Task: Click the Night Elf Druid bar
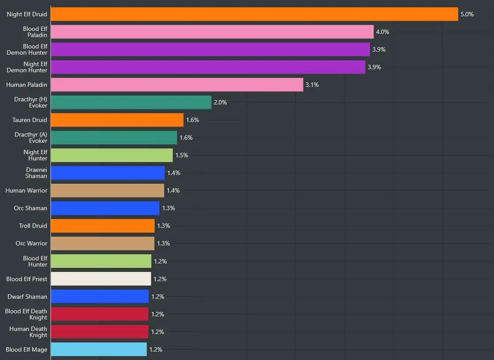click(x=254, y=14)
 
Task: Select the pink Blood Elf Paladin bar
click(x=212, y=32)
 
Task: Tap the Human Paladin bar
click(x=177, y=85)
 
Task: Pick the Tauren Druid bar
click(x=117, y=120)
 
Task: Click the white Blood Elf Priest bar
click(x=101, y=279)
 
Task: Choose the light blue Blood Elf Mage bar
click(x=99, y=349)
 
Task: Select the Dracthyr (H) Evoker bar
click(x=131, y=102)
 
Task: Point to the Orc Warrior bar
click(x=102, y=243)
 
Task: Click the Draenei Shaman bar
click(x=108, y=173)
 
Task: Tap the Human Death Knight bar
click(x=100, y=332)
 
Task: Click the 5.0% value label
click(x=467, y=14)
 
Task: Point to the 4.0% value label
click(x=382, y=32)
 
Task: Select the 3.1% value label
click(x=312, y=85)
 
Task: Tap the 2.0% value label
click(x=220, y=102)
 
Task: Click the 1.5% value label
click(x=182, y=155)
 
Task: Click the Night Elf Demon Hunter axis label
click(x=27, y=67)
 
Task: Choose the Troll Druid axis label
click(x=33, y=226)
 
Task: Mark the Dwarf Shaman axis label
click(x=27, y=297)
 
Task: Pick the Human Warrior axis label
click(x=26, y=190)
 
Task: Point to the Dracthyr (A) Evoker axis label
click(x=31, y=137)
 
